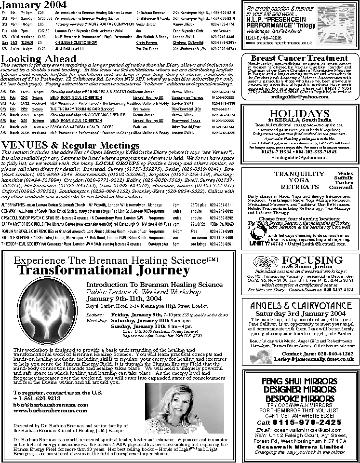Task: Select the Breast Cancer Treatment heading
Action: coord(300,58)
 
